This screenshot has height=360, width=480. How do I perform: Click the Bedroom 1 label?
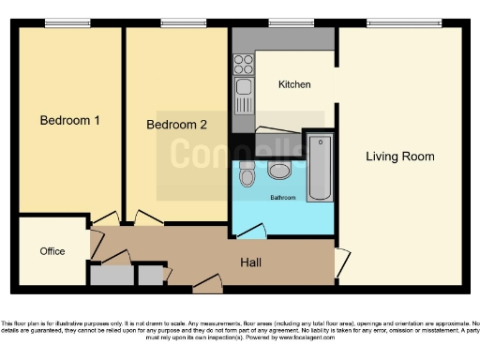pos(70,120)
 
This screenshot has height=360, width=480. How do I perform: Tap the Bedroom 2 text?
pos(177,125)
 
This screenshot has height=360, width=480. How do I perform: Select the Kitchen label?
pos(293,85)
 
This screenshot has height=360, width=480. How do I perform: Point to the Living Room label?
pos(400,157)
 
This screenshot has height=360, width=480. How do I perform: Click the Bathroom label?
pos(283,198)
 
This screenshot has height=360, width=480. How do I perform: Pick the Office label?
pos(52,252)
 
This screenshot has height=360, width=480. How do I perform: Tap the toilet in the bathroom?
pos(247,173)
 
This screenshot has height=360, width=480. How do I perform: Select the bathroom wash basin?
pos(278,169)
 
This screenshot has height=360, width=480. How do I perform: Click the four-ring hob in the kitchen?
pos(243,65)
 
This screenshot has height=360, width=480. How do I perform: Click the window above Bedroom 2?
pos(177,22)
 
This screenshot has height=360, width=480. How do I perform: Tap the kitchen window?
pos(291,22)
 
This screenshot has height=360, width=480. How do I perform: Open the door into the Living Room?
pos(342,262)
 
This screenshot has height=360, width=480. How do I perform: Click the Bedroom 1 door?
pos(105,220)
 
